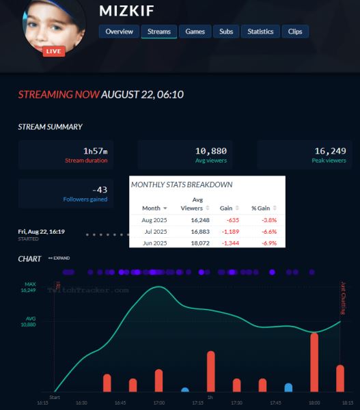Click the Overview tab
(x=119, y=31)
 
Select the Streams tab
(x=159, y=31)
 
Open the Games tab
(x=195, y=31)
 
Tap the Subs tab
(x=225, y=31)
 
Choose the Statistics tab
(x=260, y=31)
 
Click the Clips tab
(x=295, y=31)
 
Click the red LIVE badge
(x=53, y=51)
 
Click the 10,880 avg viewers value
(x=210, y=150)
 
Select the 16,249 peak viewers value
(x=330, y=150)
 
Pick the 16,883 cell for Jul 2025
(x=191, y=232)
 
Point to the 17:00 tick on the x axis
(x=158, y=402)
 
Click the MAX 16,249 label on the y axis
(x=29, y=287)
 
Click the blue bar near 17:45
(x=288, y=387)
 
